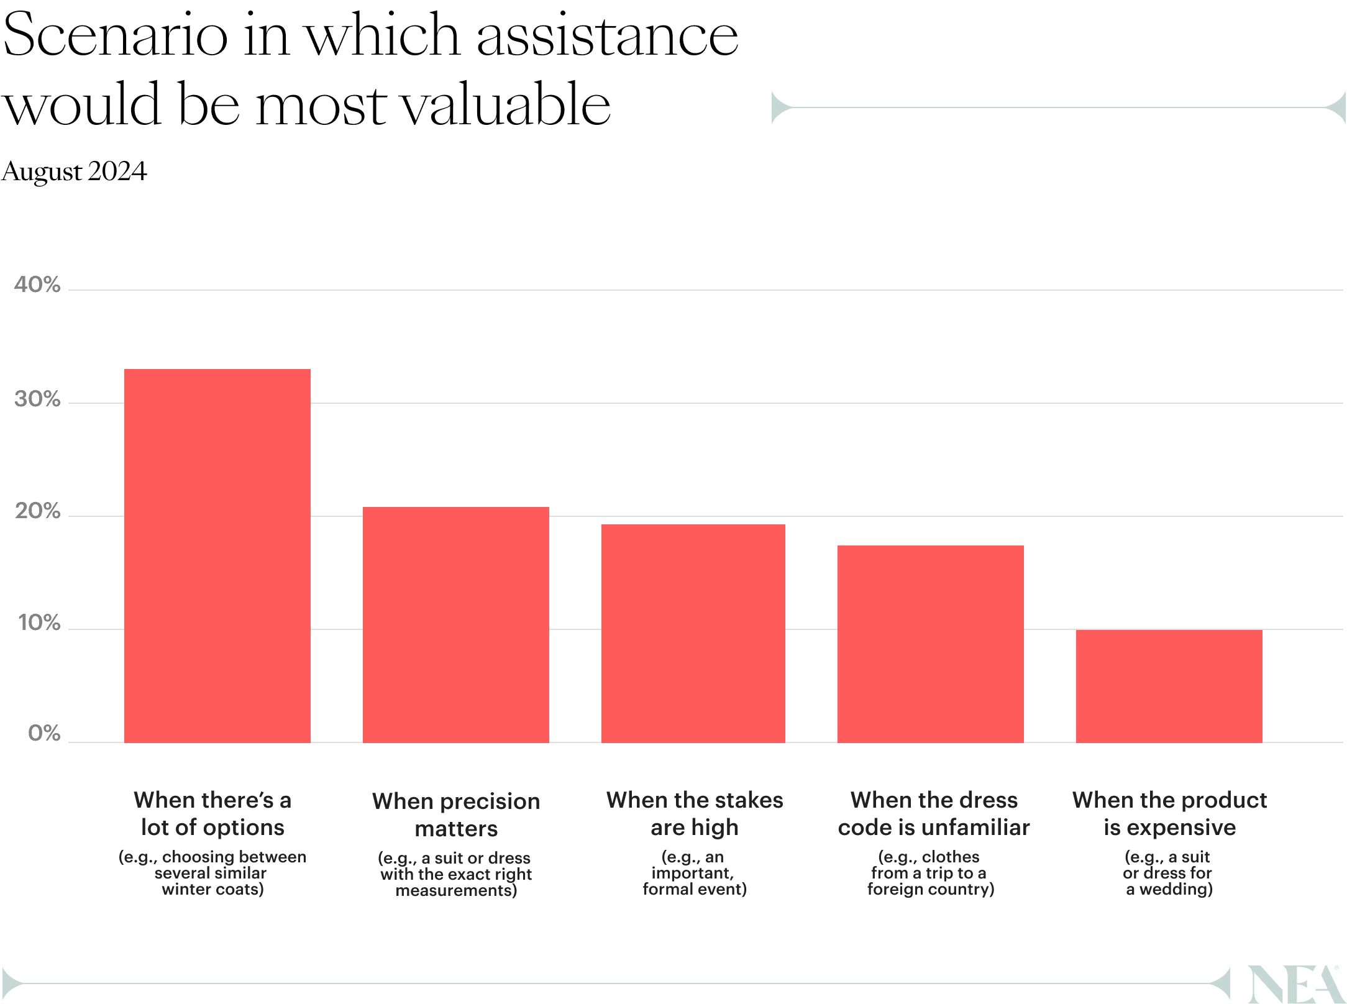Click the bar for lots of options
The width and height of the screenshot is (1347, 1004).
[x=217, y=555]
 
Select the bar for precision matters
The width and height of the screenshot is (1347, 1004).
[x=455, y=624]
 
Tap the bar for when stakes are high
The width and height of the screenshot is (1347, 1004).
[x=693, y=633]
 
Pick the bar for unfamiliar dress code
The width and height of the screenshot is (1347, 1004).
[x=930, y=644]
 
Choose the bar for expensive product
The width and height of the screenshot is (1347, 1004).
[x=1169, y=686]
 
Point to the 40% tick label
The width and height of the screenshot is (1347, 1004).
[x=37, y=285]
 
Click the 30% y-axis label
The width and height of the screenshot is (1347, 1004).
[x=37, y=399]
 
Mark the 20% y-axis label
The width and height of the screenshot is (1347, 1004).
[x=37, y=512]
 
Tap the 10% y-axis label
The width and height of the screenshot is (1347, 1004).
[x=39, y=623]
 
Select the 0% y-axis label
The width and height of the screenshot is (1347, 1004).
[x=44, y=734]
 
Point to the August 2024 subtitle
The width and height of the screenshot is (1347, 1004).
[x=74, y=171]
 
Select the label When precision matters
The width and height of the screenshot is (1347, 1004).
[x=455, y=815]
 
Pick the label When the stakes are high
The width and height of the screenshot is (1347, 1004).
[x=694, y=813]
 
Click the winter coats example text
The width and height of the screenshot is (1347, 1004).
[x=212, y=873]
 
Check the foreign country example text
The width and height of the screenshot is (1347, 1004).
[x=930, y=873]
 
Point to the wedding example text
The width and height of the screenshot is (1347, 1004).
[x=1168, y=873]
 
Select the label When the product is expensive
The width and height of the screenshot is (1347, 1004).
[x=1169, y=813]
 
